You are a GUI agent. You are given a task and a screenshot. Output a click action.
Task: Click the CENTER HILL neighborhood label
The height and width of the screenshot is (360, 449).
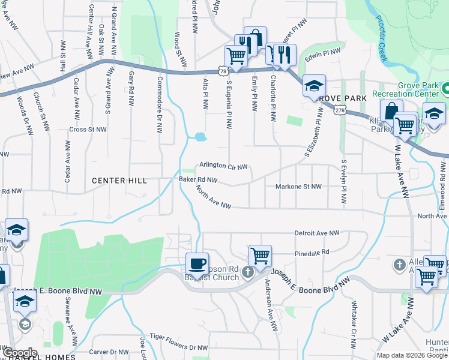tap(118, 181)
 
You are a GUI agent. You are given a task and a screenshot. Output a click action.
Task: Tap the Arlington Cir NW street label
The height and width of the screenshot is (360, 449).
tap(223, 166)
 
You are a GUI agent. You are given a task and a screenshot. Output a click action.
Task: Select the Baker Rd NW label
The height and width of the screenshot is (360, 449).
tap(197, 179)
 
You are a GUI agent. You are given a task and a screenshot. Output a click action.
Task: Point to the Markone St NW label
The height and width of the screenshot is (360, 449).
tap(298, 187)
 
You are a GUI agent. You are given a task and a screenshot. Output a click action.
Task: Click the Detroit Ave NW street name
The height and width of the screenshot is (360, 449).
tap(317, 233)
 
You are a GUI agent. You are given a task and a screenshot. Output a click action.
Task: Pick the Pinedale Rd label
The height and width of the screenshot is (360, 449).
tap(312, 253)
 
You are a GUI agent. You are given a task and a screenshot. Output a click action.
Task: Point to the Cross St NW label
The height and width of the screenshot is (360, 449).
tap(88, 129)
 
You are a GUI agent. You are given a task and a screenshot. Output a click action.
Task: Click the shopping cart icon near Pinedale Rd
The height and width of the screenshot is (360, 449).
tap(260, 256)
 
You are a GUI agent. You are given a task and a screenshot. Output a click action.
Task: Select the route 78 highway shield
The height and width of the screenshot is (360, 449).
tap(223, 71)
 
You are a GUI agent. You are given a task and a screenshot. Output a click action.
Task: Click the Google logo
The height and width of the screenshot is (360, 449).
tap(20, 352)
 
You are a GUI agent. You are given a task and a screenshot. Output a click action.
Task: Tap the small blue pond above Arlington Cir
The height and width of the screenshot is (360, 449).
tap(200, 137)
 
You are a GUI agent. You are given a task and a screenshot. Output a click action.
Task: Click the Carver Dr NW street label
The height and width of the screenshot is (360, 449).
tap(106, 352)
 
